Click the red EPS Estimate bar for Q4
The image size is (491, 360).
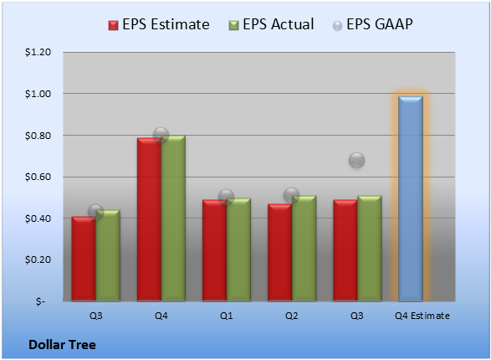[149, 219]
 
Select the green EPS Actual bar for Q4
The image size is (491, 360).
[173, 219]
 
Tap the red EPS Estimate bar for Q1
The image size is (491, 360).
[214, 250]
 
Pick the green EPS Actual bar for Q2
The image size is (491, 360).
[304, 249]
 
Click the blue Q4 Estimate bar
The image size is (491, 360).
[411, 199]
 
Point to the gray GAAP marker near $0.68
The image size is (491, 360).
[356, 161]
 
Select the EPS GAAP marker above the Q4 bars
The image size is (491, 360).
[161, 136]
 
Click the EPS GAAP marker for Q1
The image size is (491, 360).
[226, 197]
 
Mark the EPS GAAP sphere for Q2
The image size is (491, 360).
[292, 196]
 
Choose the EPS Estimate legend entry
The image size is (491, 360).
[159, 24]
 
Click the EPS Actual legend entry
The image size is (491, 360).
[271, 24]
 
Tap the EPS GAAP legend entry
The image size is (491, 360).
[372, 24]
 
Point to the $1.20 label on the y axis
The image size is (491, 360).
[38, 52]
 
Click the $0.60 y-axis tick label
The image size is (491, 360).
[38, 177]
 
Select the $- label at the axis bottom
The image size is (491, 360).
[40, 301]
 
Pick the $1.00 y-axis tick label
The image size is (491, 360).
[38, 94]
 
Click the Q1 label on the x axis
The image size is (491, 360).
[227, 316]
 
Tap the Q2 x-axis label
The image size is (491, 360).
[292, 316]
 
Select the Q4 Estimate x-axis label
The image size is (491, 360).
[422, 316]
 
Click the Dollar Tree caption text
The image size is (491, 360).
[62, 345]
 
